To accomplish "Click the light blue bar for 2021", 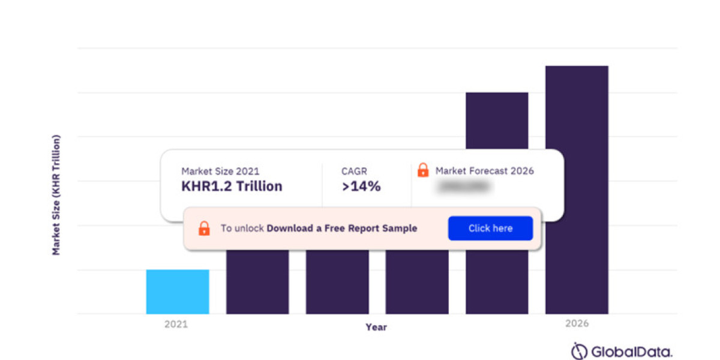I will [x=178, y=292].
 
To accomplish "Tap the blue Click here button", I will [x=490, y=229].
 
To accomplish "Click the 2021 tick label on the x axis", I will [x=176, y=324].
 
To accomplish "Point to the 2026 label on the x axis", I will [x=577, y=324].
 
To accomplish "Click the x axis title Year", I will [x=376, y=327].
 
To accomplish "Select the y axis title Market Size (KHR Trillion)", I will [x=56, y=196].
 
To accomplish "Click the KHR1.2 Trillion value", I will [x=232, y=187].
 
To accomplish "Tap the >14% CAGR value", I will [x=361, y=187].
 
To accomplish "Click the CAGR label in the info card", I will [x=354, y=171].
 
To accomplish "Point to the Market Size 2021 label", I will [x=220, y=172].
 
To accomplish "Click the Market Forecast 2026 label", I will [x=484, y=171].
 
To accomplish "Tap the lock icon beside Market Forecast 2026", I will [x=423, y=170].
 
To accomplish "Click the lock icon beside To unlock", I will [x=204, y=228].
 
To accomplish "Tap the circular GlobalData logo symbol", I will [x=579, y=351].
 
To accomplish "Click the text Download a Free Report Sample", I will [x=342, y=229].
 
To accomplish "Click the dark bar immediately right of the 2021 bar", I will [x=257, y=282].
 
